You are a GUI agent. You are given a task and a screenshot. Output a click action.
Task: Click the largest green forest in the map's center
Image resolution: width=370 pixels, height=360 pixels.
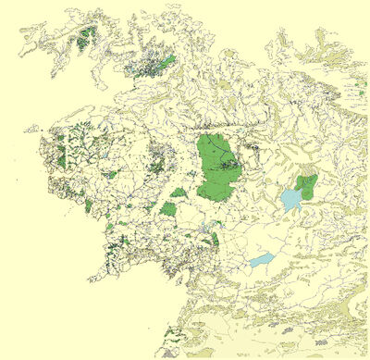click(x=216, y=168)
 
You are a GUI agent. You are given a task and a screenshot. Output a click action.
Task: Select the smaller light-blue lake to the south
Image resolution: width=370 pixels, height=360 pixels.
click(x=262, y=260)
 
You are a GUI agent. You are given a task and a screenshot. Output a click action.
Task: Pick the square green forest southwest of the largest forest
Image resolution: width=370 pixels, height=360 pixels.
click(x=168, y=209)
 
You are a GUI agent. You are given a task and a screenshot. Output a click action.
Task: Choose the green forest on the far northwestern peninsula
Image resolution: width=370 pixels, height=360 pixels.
click(x=87, y=38)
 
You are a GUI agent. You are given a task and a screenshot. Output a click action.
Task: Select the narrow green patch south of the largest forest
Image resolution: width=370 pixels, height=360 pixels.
click(x=215, y=239)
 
